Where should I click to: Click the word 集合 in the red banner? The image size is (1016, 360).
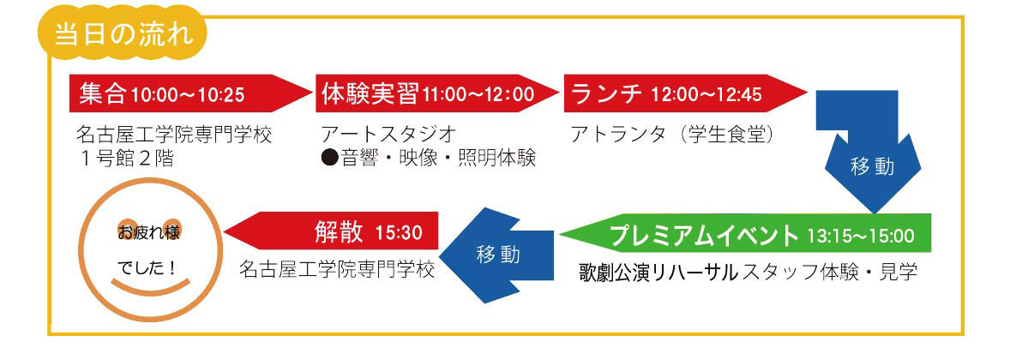(x=102, y=94)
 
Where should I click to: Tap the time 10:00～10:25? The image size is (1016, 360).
(x=188, y=95)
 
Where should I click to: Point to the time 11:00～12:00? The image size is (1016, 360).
(x=478, y=95)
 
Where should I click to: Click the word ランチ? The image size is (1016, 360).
(x=606, y=94)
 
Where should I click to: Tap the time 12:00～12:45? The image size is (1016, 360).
(x=706, y=95)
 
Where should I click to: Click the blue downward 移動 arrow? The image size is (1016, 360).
(x=871, y=155)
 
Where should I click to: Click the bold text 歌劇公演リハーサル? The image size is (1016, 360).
(x=658, y=272)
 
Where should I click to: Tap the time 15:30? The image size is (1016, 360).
(x=399, y=232)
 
